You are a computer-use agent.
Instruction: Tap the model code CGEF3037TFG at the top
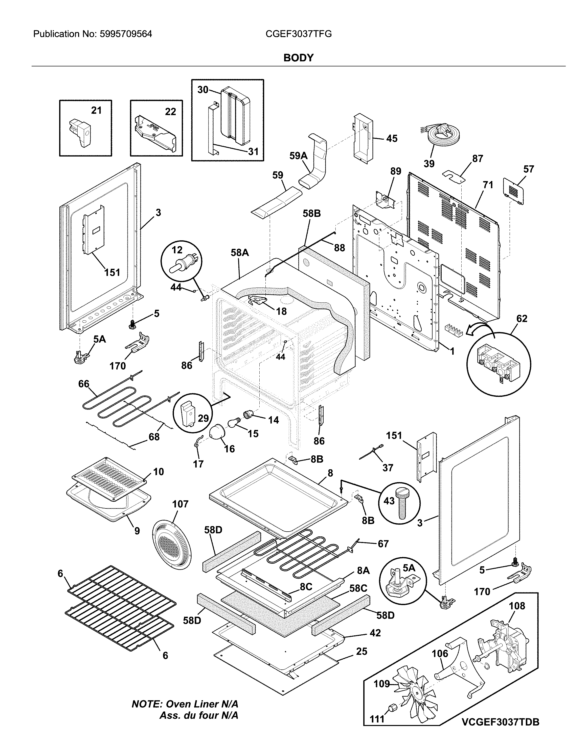[299, 34]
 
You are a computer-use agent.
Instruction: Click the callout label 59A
[298, 156]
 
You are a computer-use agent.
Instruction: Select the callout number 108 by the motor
[517, 615]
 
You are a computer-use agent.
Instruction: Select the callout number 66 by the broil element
[84, 384]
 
